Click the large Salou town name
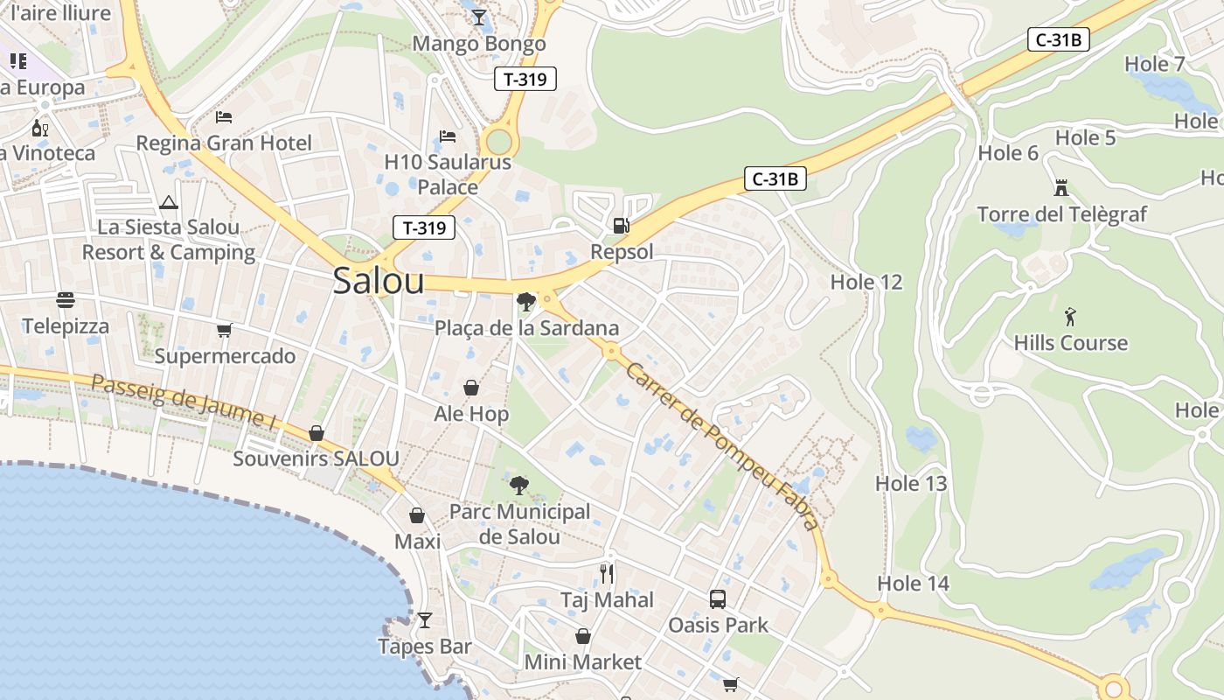(379, 281)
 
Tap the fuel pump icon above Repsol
(621, 226)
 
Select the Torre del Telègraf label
(1061, 214)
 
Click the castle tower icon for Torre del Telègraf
(1061, 187)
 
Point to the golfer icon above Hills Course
(1070, 317)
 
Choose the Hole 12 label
(866, 282)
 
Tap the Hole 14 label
(913, 584)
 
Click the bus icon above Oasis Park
(718, 599)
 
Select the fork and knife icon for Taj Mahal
(607, 574)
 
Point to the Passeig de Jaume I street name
(184, 402)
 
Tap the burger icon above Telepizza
(66, 300)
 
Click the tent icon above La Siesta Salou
(169, 203)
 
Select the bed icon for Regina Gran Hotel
(224, 117)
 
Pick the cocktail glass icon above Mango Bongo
(479, 17)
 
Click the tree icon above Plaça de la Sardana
(526, 302)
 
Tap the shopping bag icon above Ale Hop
(471, 388)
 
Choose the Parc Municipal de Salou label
(519, 523)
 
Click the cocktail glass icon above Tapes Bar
(425, 620)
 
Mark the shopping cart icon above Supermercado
(225, 330)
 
